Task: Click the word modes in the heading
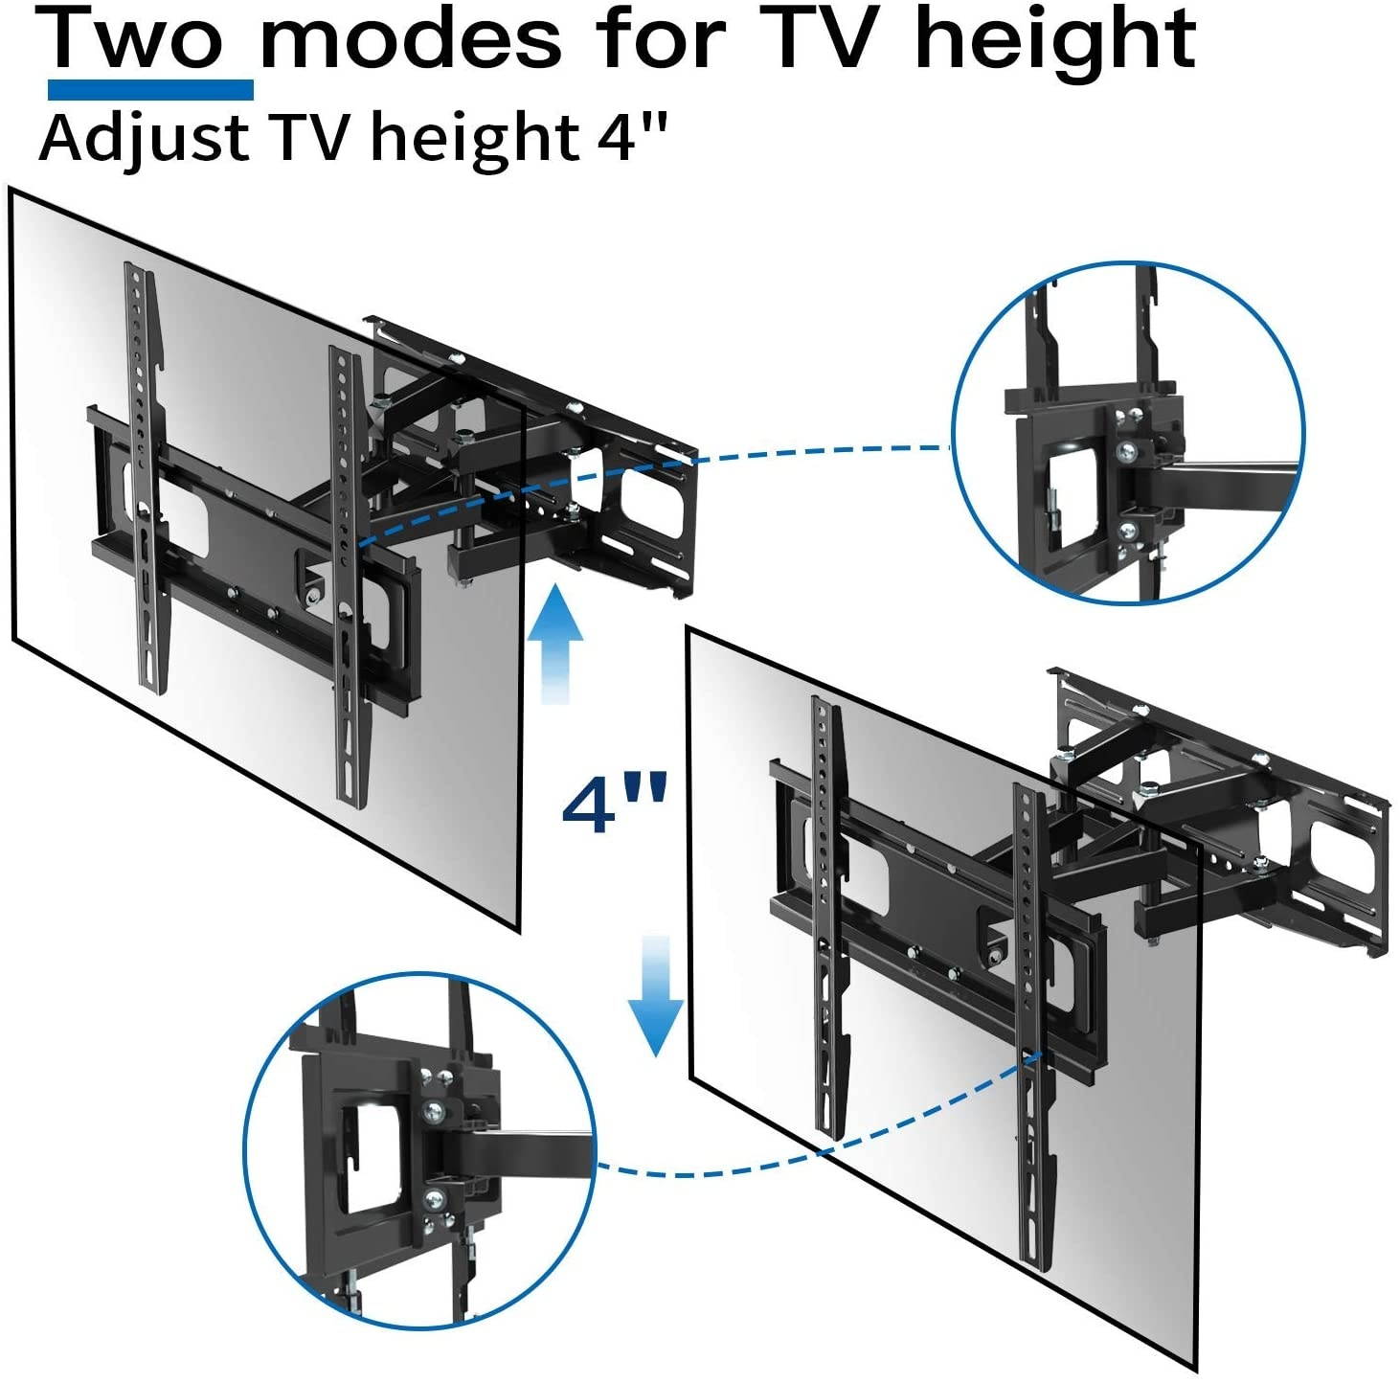(411, 39)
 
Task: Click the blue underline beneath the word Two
(150, 90)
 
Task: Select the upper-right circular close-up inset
(1128, 433)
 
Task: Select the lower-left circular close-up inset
(421, 1161)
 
